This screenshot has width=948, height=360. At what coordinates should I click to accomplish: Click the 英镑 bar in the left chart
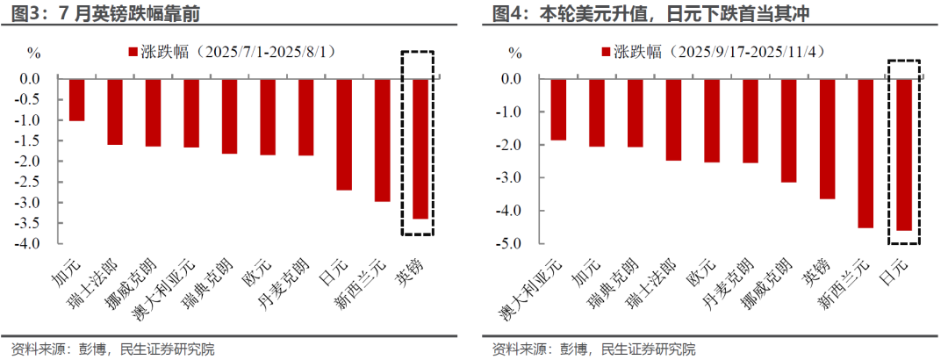coord(420,148)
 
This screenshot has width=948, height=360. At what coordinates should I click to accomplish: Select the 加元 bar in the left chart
coord(76,99)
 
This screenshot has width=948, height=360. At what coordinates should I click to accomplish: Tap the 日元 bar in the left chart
coord(343,134)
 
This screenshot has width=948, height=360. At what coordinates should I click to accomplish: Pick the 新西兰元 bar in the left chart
coord(382,140)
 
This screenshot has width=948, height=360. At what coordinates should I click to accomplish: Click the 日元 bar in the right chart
coord(904,155)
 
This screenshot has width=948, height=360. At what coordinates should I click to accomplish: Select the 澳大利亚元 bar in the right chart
coord(558,109)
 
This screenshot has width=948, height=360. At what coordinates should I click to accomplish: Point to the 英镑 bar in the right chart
coord(827,139)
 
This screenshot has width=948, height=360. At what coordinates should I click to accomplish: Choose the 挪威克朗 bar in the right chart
coord(789,130)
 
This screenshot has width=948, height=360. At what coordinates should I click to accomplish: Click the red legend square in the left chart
coord(132,52)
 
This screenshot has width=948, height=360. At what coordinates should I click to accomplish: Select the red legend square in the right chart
coord(605,52)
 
